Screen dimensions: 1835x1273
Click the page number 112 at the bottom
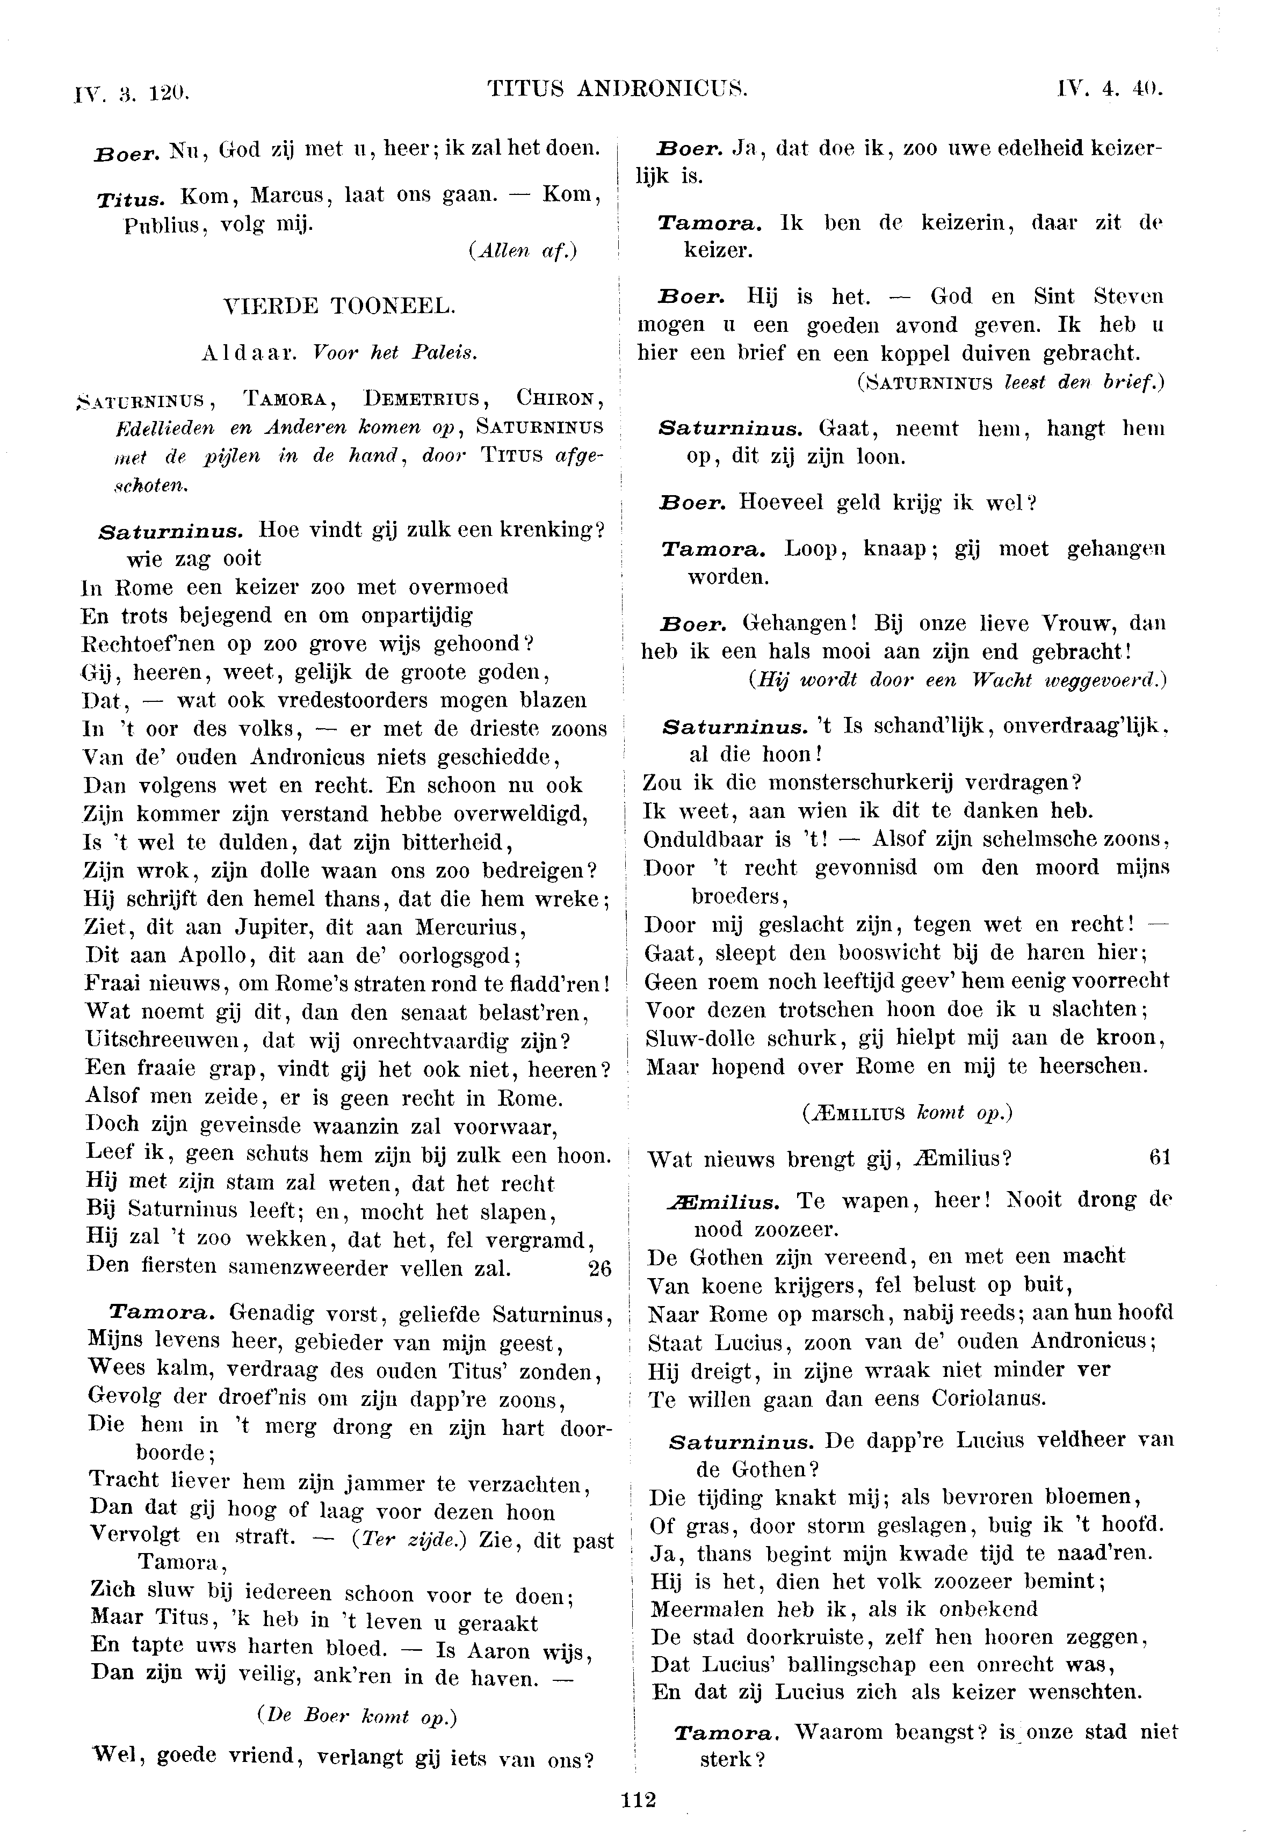[x=637, y=1799]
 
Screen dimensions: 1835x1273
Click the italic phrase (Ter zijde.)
[x=410, y=1539]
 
